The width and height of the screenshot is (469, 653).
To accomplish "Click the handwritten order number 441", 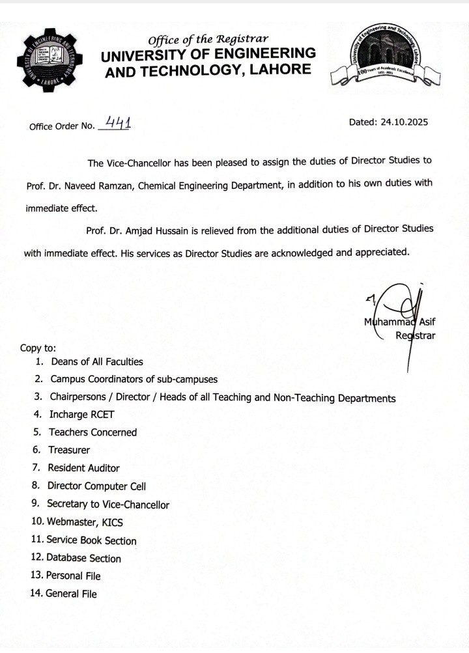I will [115, 124].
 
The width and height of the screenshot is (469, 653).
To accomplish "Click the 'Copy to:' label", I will [38, 348].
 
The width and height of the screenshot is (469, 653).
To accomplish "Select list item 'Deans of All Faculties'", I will [96, 362].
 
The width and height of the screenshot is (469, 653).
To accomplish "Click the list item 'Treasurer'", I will [69, 450].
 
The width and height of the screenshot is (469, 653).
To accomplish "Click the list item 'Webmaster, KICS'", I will [85, 521].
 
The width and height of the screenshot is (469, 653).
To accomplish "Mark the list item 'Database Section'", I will [83, 558].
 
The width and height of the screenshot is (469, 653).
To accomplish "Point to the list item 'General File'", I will [71, 594].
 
